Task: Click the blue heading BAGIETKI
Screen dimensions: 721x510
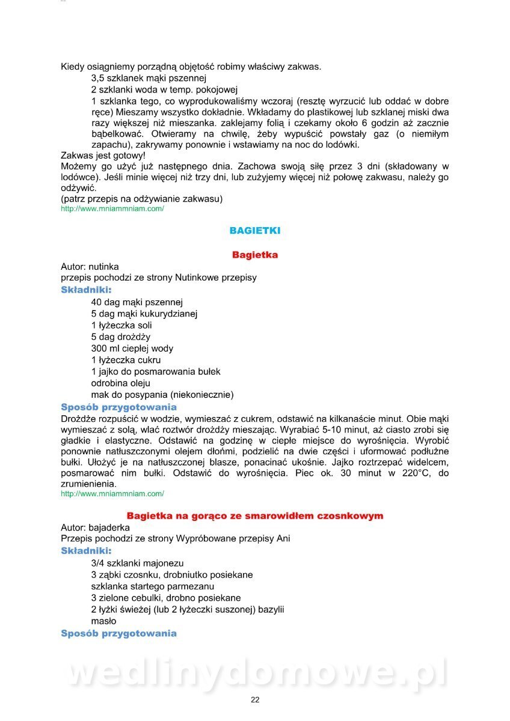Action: click(255, 231)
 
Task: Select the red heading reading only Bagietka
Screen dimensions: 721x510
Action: click(255, 255)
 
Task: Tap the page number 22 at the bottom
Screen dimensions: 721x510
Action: click(255, 699)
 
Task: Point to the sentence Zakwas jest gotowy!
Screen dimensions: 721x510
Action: click(103, 154)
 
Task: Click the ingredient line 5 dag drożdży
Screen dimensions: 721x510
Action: click(121, 337)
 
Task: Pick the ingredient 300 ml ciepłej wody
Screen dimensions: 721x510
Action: click(132, 348)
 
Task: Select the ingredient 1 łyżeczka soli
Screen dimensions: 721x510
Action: click(121, 326)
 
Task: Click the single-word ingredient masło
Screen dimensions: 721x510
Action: click(104, 621)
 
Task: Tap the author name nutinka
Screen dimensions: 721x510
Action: click(103, 266)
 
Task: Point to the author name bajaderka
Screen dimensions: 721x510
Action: click(109, 527)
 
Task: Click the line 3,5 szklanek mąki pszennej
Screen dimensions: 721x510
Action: click(149, 78)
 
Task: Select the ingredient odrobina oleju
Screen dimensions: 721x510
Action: click(121, 383)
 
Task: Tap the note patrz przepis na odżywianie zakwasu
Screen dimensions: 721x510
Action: click(142, 199)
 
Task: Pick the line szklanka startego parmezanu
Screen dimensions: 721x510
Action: click(153, 586)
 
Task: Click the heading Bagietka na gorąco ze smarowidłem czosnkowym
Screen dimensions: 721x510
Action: click(255, 516)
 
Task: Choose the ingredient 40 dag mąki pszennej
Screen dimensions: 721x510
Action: click(137, 302)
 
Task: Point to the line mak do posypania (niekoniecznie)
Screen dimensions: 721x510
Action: click(162, 395)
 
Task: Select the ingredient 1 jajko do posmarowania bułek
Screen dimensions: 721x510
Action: click(156, 372)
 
